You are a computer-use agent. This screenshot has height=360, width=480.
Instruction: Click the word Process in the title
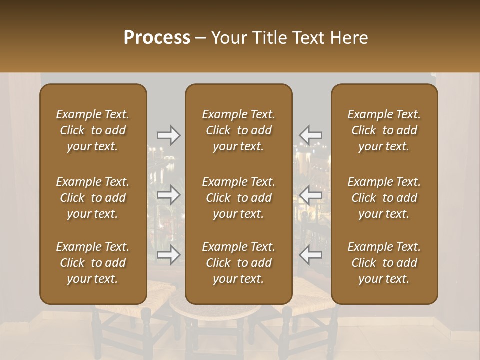[157, 38]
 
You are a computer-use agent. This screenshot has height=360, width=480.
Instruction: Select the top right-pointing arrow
[168, 135]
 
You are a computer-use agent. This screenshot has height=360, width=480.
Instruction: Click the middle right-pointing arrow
[168, 194]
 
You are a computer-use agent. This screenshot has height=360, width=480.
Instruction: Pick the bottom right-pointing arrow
[168, 254]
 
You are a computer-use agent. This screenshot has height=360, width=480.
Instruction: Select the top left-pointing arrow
[310, 135]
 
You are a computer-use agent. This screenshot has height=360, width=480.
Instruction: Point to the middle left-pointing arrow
[310, 194]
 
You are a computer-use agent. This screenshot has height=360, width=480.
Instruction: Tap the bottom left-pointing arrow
[310, 254]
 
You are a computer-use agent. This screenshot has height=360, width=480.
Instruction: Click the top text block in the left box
[93, 130]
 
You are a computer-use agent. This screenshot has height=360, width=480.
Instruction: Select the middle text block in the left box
[93, 198]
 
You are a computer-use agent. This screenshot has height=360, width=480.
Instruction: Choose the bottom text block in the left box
[93, 263]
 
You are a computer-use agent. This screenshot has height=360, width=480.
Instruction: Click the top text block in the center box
[239, 130]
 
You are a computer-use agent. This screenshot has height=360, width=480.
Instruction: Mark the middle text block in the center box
[239, 198]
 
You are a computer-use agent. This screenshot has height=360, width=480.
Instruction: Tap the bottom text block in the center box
[239, 263]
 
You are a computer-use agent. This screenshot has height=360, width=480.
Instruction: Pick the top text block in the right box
[384, 130]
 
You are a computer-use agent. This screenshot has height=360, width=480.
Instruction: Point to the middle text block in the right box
[384, 198]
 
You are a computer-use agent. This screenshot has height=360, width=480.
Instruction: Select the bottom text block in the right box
[384, 263]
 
